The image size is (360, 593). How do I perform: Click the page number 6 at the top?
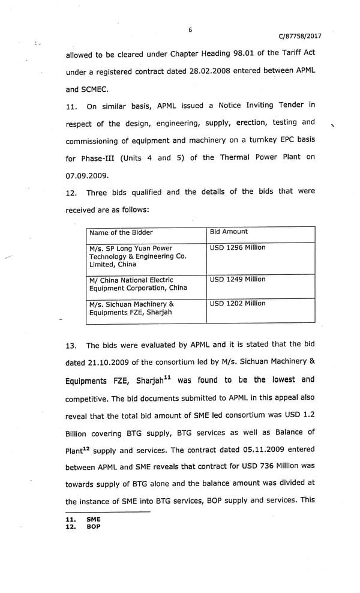190,29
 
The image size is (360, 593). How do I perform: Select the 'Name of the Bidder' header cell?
121,232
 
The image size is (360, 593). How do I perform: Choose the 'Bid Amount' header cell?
229,232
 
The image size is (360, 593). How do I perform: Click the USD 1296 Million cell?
238,248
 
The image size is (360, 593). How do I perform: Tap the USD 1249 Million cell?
238,280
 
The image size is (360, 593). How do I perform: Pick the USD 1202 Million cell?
238,304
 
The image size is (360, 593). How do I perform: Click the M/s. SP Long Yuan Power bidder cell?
137,256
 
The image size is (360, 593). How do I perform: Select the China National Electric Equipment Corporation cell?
137,284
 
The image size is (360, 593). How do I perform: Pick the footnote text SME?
94,519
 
